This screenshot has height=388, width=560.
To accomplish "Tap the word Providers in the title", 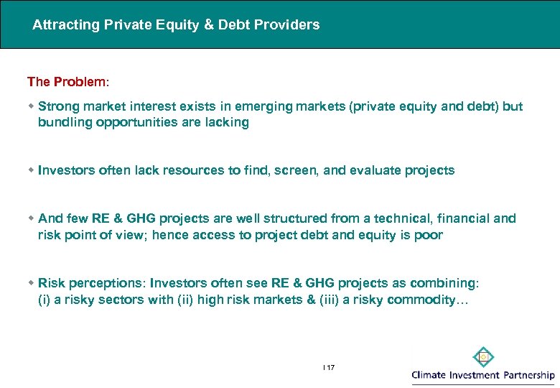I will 290,25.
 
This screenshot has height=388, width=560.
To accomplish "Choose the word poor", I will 429,235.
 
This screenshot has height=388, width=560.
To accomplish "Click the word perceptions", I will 102,283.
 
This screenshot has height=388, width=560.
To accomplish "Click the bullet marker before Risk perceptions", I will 31,283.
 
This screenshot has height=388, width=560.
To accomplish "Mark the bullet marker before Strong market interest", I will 31,106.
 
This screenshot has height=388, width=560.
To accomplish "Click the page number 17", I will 330,367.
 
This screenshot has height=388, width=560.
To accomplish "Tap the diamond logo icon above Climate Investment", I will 483,357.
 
